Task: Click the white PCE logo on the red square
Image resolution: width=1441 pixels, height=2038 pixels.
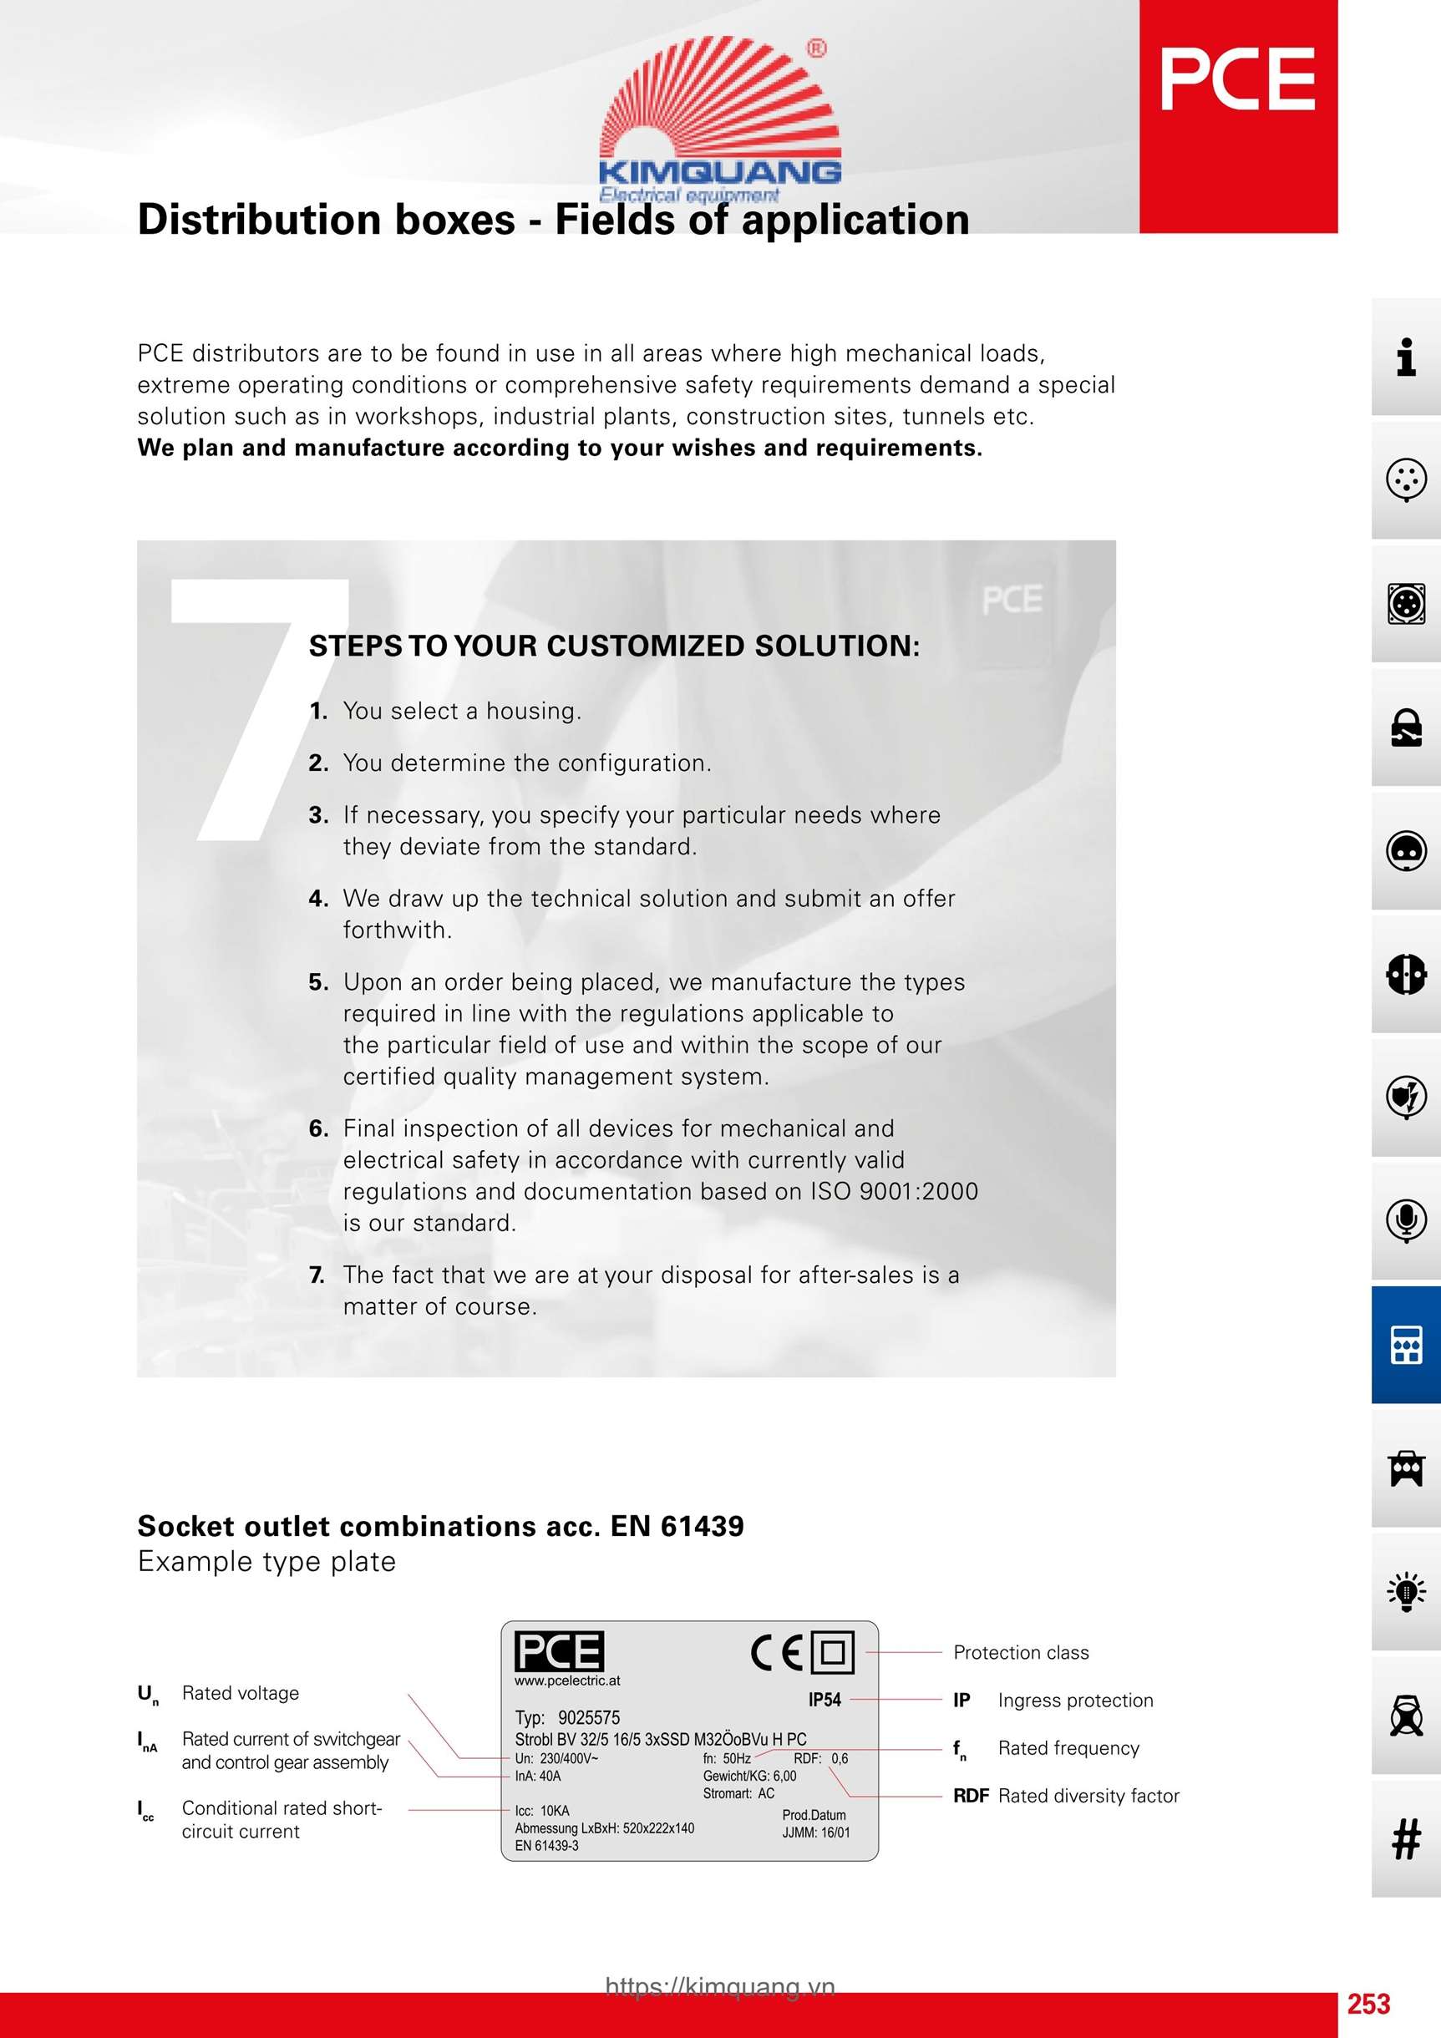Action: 1237,80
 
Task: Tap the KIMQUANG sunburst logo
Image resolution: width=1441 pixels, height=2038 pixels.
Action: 720,115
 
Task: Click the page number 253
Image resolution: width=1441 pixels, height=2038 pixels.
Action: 1368,2004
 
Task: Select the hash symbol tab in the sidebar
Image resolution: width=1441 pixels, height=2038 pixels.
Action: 1405,1838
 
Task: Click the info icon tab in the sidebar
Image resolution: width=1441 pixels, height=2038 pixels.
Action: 1405,357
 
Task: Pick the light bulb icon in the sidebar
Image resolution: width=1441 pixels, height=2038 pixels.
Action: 1405,1591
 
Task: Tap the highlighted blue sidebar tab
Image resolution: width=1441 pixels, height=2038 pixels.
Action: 1405,1344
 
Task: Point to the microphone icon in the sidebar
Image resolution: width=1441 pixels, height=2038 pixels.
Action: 1405,1220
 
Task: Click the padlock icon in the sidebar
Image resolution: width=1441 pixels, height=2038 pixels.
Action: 1405,727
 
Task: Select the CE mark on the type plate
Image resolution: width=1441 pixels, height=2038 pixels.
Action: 776,1652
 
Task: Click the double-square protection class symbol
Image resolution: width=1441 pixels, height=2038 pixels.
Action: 833,1652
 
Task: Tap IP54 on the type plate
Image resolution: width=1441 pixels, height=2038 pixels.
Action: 824,1699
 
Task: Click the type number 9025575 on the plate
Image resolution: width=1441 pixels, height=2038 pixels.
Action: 589,1716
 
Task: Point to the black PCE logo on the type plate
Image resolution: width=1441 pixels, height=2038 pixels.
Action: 559,1651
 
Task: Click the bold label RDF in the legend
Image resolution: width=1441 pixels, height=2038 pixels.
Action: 971,1796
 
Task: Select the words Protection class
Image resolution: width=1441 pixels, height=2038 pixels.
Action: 1020,1652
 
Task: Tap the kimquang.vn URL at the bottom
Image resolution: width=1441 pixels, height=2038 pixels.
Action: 720,1985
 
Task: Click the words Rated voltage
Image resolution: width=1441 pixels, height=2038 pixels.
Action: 240,1693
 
